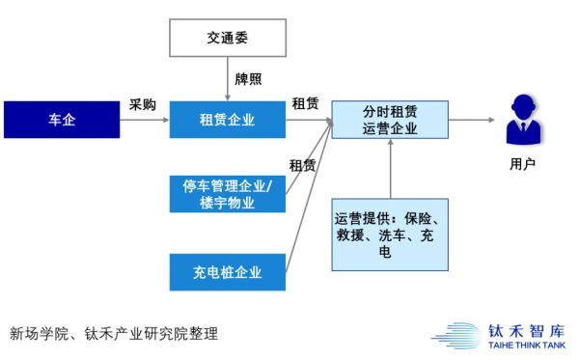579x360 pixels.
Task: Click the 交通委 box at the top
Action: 228,38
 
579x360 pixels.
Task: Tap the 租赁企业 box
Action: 228,120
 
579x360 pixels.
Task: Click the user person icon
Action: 522,121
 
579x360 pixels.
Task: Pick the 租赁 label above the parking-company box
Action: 302,165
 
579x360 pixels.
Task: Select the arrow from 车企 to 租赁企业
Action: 143,120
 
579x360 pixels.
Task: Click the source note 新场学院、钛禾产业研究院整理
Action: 115,334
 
